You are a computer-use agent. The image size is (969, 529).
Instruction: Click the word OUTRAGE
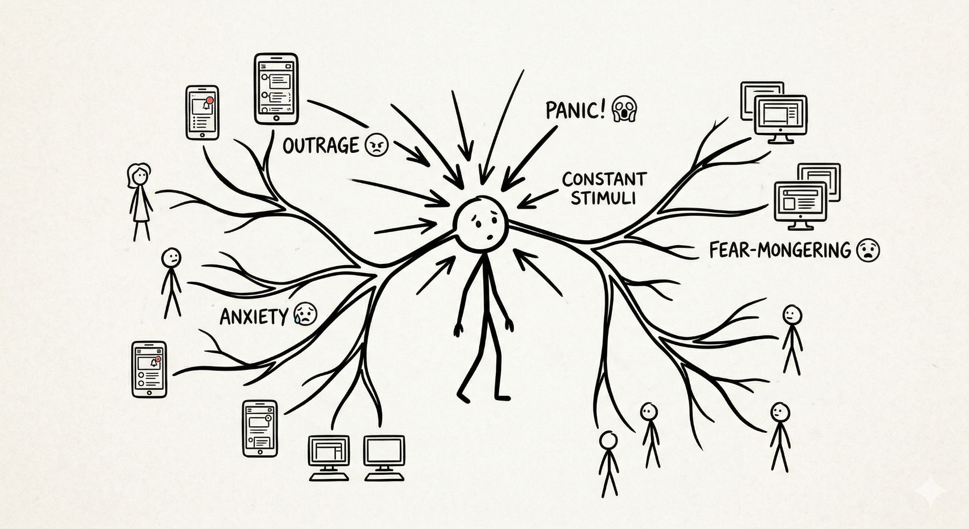point(321,145)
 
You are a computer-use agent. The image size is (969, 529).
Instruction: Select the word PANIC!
point(575,110)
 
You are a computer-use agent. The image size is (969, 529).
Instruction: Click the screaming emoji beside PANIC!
point(624,110)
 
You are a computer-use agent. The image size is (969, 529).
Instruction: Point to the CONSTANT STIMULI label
point(604,188)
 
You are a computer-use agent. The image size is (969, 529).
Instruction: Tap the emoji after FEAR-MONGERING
point(868,250)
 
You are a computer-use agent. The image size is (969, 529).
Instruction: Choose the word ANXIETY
point(254,316)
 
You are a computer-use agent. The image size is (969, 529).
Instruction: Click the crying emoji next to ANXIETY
point(306,314)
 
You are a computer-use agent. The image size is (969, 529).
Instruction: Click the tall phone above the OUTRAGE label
point(276,89)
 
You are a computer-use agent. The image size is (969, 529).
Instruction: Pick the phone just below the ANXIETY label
point(149,369)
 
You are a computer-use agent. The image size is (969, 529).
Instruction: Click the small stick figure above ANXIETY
point(171,282)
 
